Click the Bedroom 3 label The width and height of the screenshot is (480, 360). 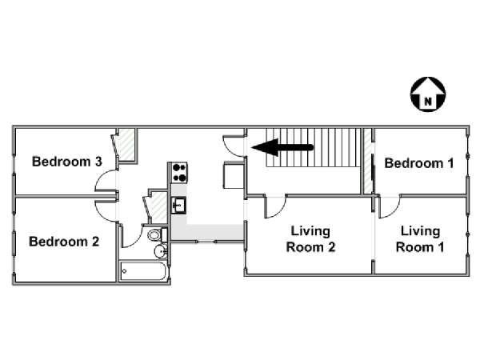[66, 162]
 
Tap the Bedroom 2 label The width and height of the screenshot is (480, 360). [64, 242]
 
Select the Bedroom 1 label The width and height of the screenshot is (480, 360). [419, 163]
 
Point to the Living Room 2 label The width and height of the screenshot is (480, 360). [310, 239]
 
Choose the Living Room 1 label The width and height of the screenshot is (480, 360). [420, 239]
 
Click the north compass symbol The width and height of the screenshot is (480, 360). [428, 94]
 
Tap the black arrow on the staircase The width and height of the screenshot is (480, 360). [282, 147]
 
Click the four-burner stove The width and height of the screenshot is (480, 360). [179, 173]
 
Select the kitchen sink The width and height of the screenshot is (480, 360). [178, 205]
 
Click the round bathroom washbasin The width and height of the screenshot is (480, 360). [161, 252]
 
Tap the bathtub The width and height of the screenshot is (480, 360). [142, 270]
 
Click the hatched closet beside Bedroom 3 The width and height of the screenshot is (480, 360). [126, 145]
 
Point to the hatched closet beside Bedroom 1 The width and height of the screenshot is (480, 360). [368, 161]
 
